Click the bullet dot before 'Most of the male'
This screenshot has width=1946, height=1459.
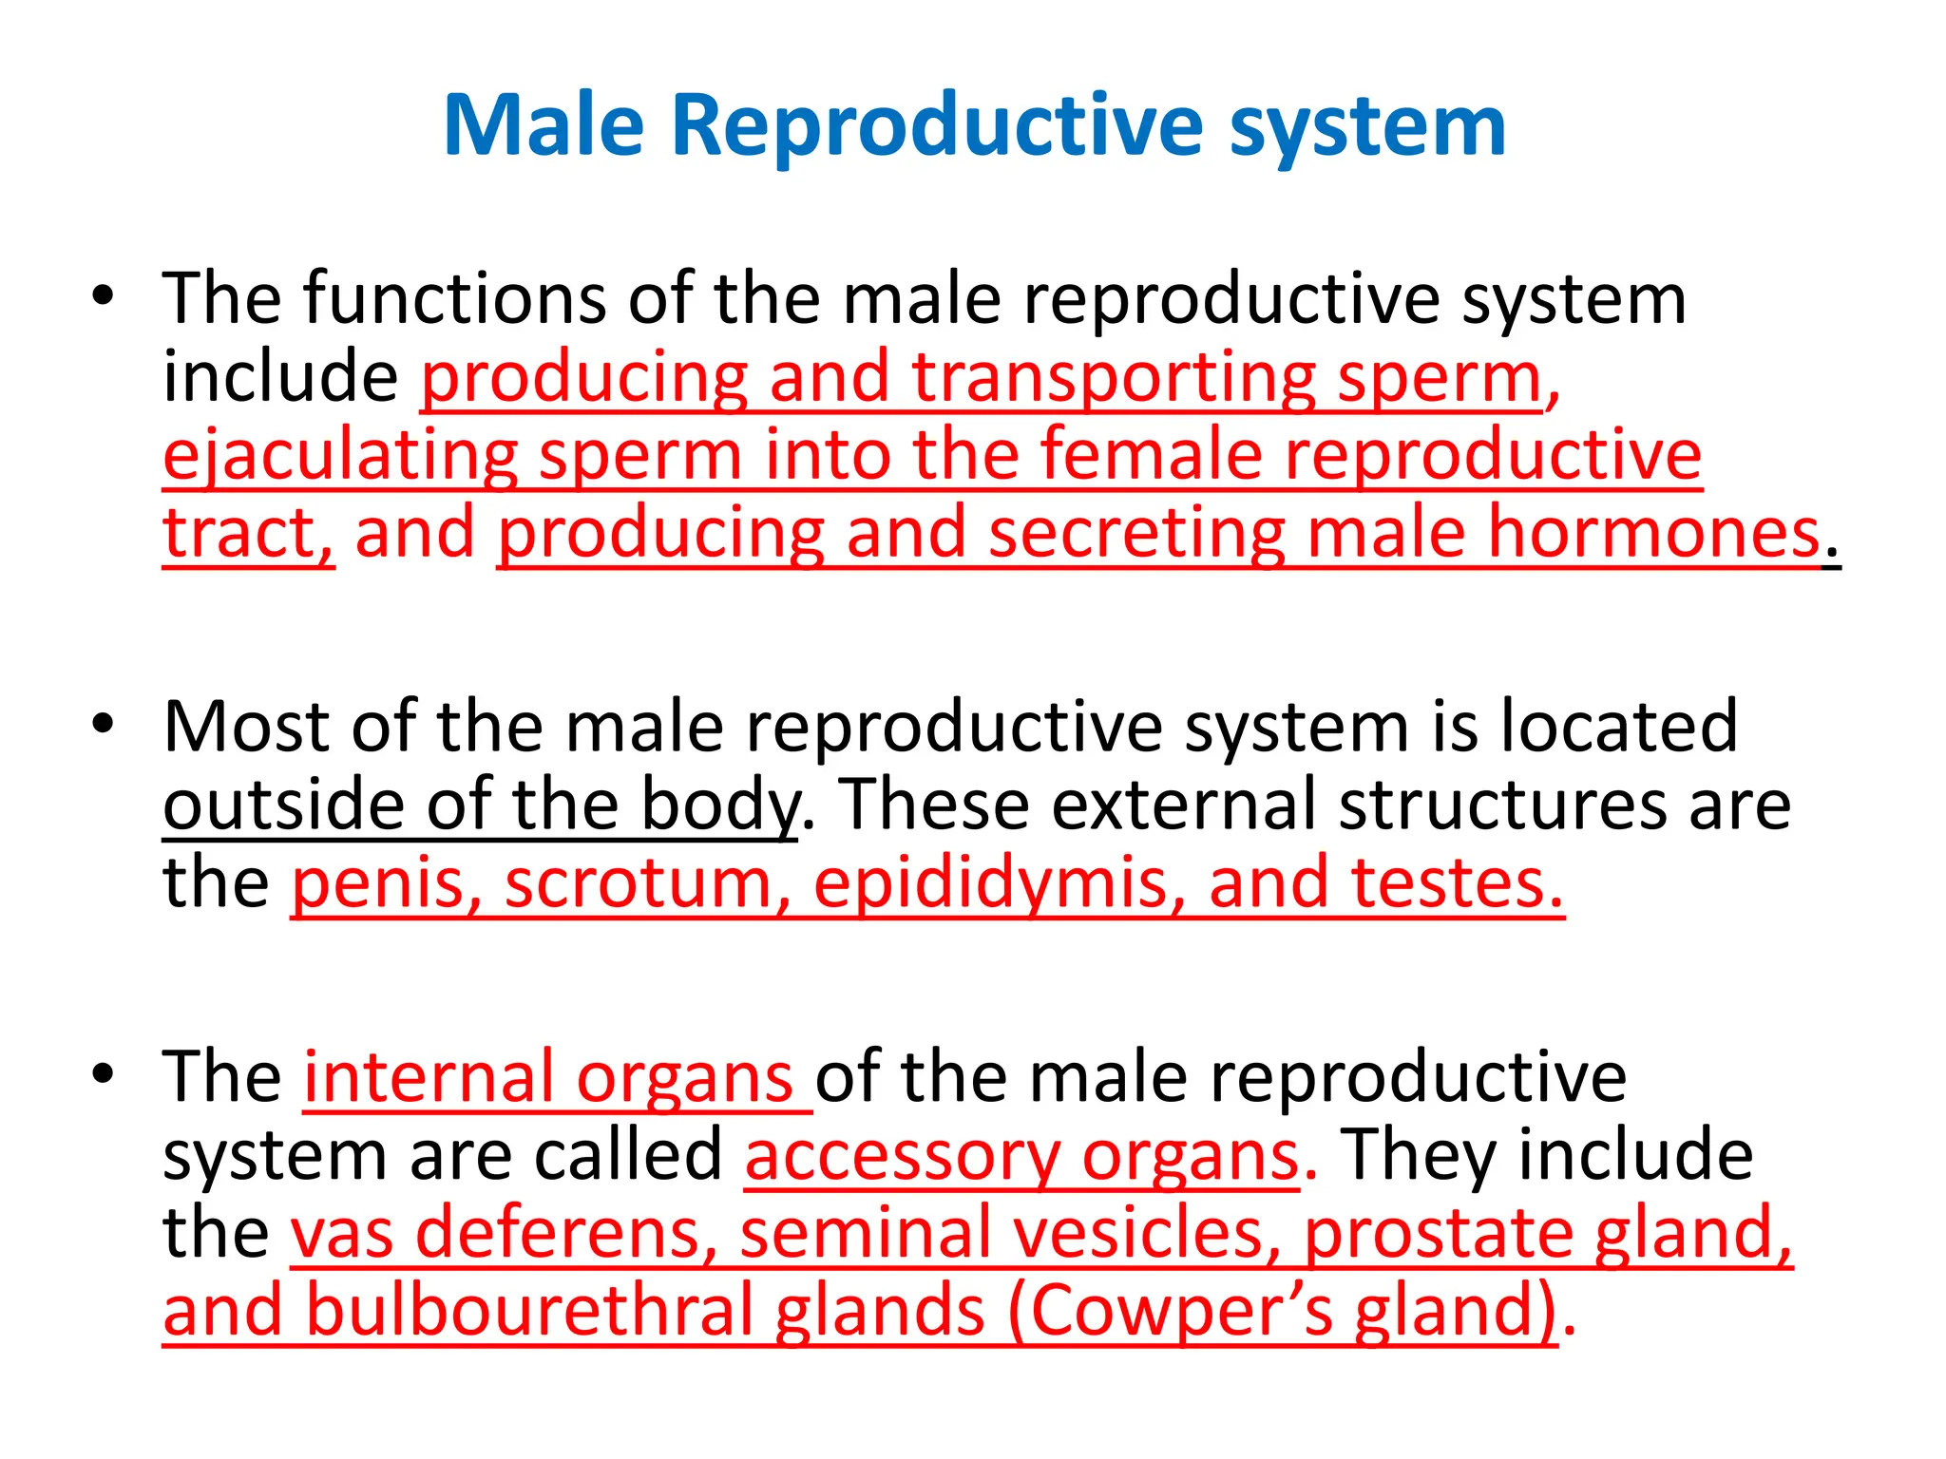(x=103, y=724)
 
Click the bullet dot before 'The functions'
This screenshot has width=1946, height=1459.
(x=103, y=296)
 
